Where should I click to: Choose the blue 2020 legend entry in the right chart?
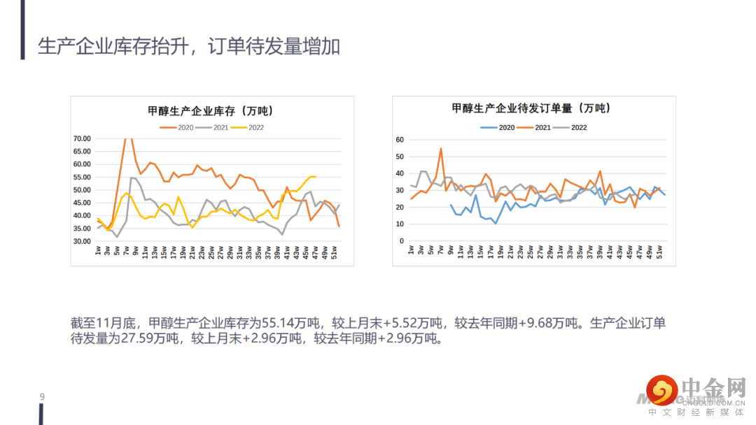point(498,127)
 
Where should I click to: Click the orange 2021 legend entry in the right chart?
point(533,127)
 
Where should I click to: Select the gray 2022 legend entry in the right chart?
point(570,127)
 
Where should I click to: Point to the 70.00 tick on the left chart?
point(82,138)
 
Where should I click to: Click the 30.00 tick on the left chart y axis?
point(82,241)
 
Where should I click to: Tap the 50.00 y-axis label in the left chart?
point(82,190)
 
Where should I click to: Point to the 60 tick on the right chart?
point(400,140)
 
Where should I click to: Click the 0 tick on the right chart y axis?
point(402,241)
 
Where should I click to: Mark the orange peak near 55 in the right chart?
point(441,149)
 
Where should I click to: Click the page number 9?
point(42,398)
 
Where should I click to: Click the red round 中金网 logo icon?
point(661,391)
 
